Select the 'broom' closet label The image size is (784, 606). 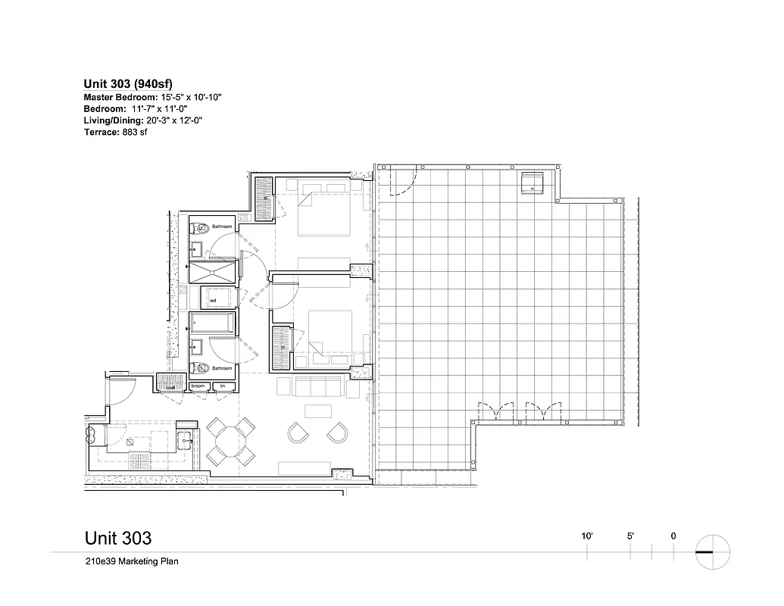tap(198, 386)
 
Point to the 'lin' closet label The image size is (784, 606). tap(223, 386)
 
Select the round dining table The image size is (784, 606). tap(230, 442)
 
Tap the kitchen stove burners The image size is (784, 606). tap(142, 459)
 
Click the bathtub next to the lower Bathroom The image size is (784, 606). tap(212, 325)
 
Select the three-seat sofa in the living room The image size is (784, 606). tap(317, 387)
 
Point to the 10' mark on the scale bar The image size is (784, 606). tap(587, 536)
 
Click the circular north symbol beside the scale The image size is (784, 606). tap(713, 552)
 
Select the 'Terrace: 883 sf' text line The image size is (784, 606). tap(115, 133)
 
